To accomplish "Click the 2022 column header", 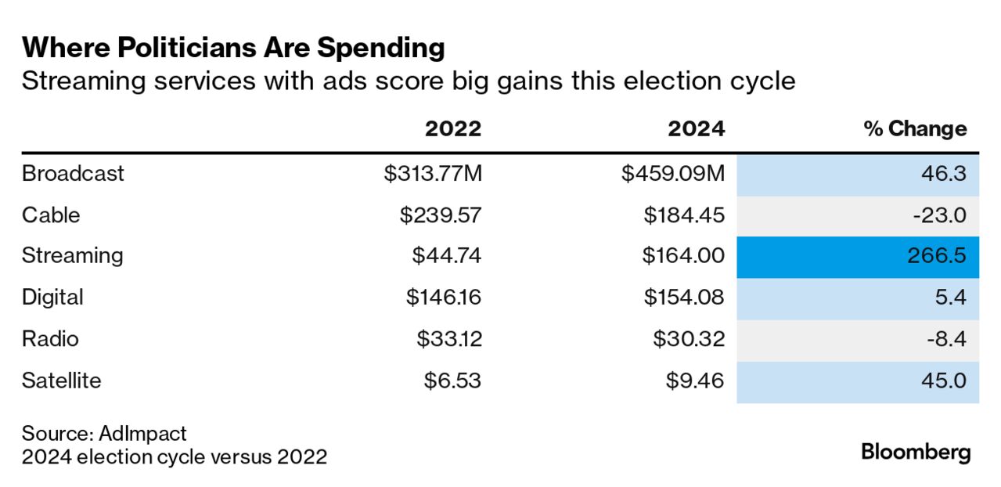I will (453, 128).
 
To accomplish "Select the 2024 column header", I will (696, 128).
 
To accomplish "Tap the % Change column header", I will (915, 128).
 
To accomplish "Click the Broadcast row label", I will (73, 173).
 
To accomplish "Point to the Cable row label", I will (51, 215).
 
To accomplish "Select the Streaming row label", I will (73, 255).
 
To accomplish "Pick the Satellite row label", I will (62, 381).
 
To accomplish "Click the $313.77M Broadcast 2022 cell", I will (433, 173).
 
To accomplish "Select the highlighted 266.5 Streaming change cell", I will (858, 256).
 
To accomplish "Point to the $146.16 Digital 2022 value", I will (443, 298).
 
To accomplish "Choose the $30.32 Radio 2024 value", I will (690, 339).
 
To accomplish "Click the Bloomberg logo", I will (916, 452).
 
